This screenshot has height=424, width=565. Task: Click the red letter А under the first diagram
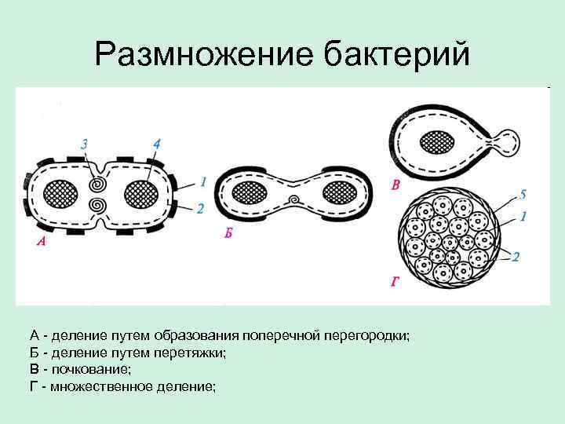click(x=41, y=243)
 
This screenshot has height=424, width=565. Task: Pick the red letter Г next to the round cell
click(x=395, y=280)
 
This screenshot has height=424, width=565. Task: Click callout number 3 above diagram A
click(x=85, y=144)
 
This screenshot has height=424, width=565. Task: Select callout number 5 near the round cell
click(x=523, y=193)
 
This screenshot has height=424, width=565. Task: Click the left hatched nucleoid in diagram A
click(x=60, y=193)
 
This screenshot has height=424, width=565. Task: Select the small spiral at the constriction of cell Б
click(x=293, y=199)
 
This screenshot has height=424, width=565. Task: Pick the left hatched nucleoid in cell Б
click(x=251, y=192)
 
